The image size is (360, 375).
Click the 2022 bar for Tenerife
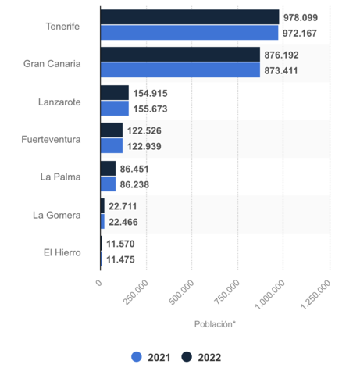pyautogui.click(x=190, y=17)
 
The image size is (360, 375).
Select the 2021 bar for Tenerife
pyautogui.click(x=189, y=33)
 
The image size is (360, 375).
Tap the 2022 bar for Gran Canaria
pyautogui.click(x=180, y=55)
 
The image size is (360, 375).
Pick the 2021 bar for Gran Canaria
pyautogui.click(x=180, y=70)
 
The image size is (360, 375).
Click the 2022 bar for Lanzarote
pyautogui.click(x=115, y=92)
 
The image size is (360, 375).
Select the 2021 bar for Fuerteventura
pyautogui.click(x=112, y=146)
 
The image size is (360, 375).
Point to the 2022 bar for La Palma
pyautogui.click(x=109, y=168)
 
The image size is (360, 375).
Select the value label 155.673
pyautogui.click(x=152, y=109)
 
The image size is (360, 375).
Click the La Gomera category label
pyautogui.click(x=56, y=214)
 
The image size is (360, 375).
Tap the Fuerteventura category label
pyautogui.click(x=50, y=139)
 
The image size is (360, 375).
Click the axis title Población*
pyautogui.click(x=215, y=324)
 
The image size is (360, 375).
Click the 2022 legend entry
pyautogui.click(x=201, y=357)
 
